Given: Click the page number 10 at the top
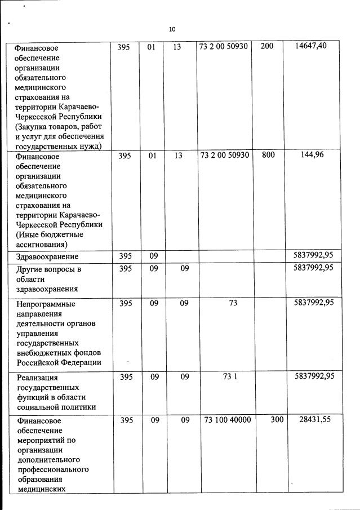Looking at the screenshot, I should click(x=172, y=29).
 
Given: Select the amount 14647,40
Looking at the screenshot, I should click(x=310, y=46).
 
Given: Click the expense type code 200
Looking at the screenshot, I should click(x=267, y=46).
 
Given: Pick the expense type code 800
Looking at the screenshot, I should click(x=268, y=154).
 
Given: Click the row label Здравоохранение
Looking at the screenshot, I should click(x=47, y=257).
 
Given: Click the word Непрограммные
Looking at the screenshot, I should click(x=46, y=304).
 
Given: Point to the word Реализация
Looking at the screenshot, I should click(x=38, y=378).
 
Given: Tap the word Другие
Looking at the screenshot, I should click(x=31, y=269).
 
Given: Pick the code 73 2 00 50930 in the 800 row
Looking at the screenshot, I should click(x=225, y=154).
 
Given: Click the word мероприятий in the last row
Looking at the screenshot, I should click(x=42, y=440).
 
